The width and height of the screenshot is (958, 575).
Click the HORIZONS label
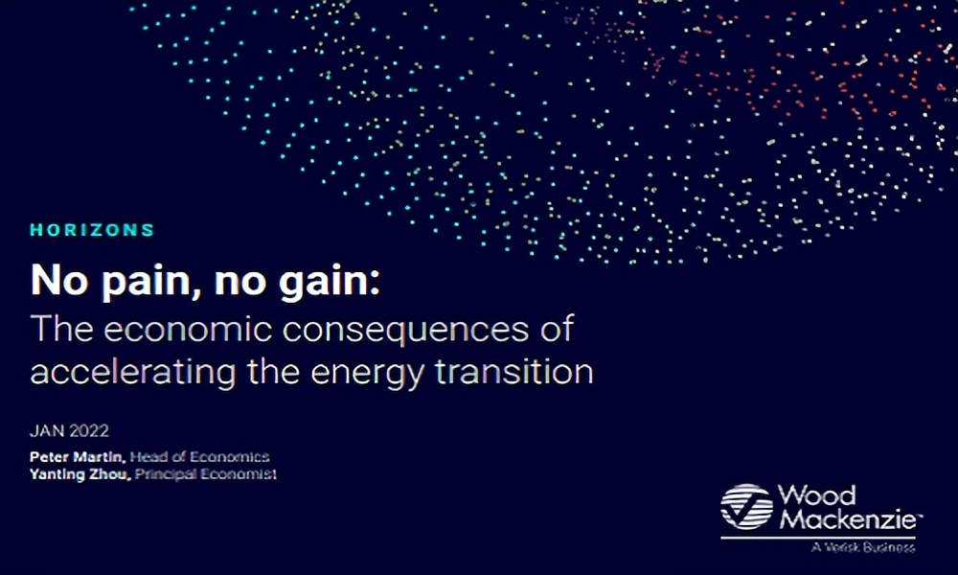click(92, 230)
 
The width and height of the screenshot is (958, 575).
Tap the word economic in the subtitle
click(188, 329)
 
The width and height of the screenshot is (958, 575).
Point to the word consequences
click(405, 329)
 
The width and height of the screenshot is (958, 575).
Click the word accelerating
click(133, 372)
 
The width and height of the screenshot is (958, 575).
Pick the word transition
click(514, 372)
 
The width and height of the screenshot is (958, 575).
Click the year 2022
click(89, 431)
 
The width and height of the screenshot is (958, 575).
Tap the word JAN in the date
click(47, 431)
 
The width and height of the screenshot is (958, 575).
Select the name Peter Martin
click(78, 456)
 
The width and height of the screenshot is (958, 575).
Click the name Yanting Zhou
click(80, 474)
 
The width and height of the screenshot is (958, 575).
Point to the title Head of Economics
click(200, 456)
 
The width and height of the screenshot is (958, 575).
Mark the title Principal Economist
click(206, 474)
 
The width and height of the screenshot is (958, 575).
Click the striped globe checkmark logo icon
click(746, 507)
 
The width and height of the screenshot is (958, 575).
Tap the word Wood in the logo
click(816, 495)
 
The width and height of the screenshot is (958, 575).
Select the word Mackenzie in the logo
click(850, 519)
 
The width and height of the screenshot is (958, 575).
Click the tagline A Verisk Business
click(863, 547)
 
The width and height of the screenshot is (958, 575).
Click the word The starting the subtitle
click(61, 329)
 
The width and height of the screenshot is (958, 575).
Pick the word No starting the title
click(59, 280)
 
